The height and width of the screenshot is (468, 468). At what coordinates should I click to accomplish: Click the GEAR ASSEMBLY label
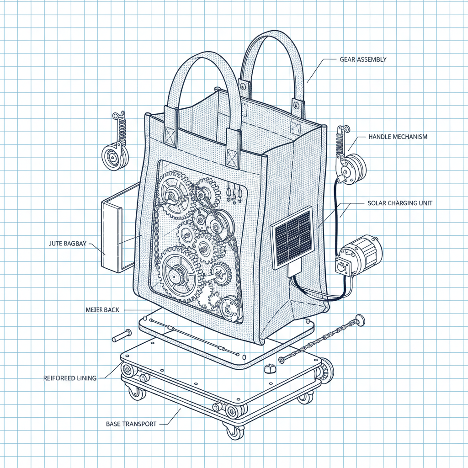tap(364, 59)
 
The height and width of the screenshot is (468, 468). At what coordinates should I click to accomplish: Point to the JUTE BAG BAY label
tap(67, 244)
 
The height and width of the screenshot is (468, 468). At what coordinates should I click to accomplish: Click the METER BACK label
tap(102, 310)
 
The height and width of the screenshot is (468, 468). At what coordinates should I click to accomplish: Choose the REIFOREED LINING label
tap(70, 378)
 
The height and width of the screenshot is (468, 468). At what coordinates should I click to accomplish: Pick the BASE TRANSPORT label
tap(131, 424)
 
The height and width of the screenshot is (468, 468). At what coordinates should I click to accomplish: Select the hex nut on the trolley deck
tap(269, 368)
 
